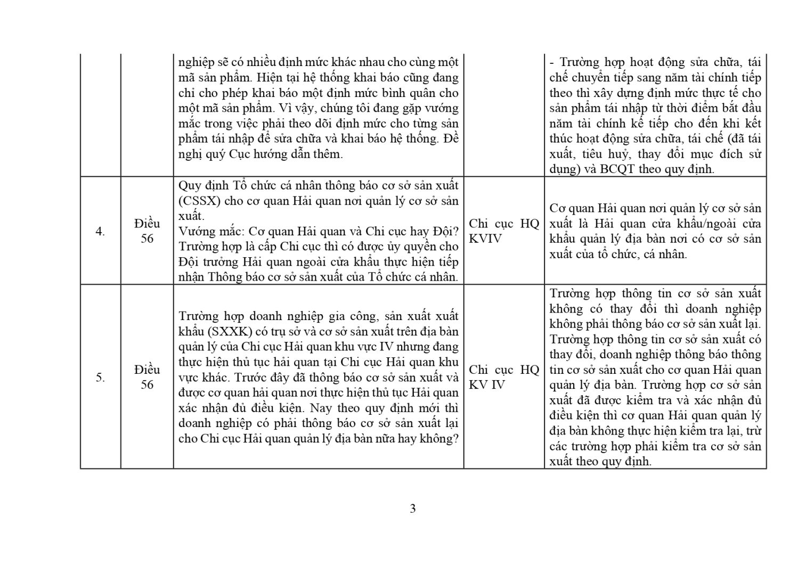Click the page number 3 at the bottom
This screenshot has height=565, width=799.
(413, 509)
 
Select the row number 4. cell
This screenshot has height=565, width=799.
(100, 231)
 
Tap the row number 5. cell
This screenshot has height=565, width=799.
(100, 378)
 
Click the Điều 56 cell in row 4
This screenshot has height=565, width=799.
(147, 231)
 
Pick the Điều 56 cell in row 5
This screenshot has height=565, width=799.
(147, 377)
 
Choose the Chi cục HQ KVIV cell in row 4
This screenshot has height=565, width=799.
(504, 231)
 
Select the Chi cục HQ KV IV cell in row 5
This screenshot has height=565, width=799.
(504, 377)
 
